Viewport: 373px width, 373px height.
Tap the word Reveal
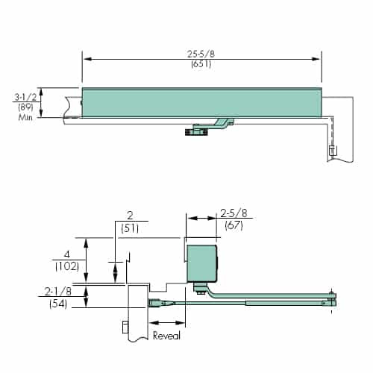pyautogui.click(x=166, y=336)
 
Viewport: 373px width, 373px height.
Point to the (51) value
pyautogui.click(x=131, y=229)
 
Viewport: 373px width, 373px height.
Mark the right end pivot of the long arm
pyautogui.click(x=330, y=301)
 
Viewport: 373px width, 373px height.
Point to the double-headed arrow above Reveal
pyautogui.click(x=167, y=322)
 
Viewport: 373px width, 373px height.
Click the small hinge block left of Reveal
pyautogui.click(x=124, y=327)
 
